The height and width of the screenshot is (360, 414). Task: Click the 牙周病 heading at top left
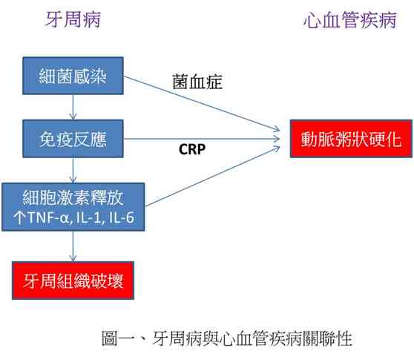73,19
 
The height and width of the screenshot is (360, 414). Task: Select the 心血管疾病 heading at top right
350,20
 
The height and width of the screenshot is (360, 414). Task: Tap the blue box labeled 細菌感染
73,76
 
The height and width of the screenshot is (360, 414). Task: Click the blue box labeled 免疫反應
73,139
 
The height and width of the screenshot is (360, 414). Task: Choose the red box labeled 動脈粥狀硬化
351,139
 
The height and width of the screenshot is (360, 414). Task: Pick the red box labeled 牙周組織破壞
73,281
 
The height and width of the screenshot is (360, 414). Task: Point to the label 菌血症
197,82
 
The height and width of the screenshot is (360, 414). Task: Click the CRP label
192,149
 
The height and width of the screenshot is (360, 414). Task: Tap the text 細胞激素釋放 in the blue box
73,197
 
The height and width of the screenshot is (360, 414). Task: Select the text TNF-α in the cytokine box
48,217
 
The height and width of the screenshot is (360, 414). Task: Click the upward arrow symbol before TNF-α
19,217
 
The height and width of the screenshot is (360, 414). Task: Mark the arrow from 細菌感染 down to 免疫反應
73,107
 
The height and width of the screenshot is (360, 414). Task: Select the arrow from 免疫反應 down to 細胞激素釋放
73,170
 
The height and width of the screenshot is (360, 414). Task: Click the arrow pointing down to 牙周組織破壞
73,246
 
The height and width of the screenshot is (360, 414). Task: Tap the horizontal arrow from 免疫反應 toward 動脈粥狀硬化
202,139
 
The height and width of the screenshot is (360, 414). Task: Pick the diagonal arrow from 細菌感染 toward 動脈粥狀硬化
202,103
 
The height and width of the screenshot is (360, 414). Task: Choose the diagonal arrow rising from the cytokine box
212,177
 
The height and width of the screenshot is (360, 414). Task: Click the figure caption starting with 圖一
227,338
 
